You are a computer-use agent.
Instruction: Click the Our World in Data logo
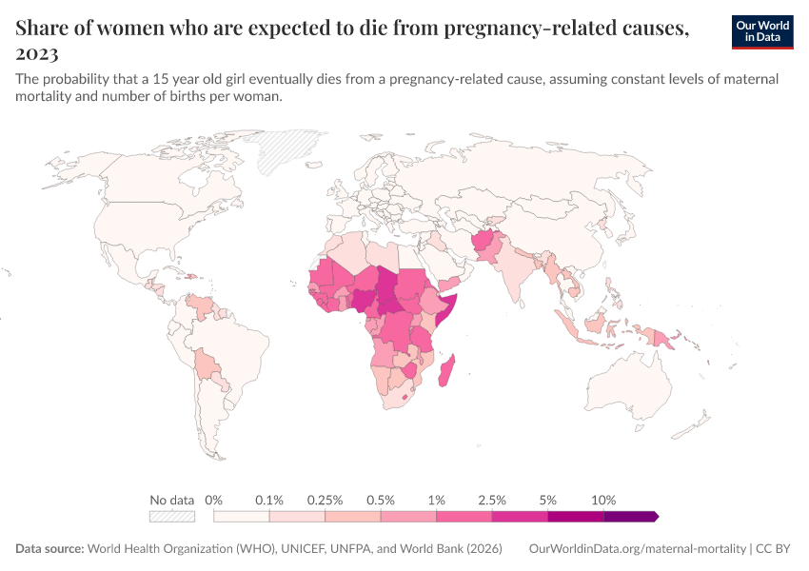pos(762,31)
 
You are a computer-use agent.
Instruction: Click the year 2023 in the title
pos(37,53)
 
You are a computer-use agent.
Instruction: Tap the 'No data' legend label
pos(172,500)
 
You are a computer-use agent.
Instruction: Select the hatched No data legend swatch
pos(172,516)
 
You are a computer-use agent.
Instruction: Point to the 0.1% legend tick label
pos(269,500)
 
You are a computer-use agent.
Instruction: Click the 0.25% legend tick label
pos(325,500)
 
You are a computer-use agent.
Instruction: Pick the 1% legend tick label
pos(437,500)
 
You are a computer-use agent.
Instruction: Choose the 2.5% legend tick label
pos(492,500)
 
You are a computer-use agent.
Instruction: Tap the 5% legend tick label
pos(548,500)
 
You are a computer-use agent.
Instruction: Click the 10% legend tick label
pos(603,500)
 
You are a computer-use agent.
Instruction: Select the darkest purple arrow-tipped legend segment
pos(631,516)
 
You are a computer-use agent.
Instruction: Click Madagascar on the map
pos(445,370)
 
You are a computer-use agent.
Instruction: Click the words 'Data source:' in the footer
pos(49,549)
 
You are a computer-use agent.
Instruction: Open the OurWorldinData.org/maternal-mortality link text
pos(637,549)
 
